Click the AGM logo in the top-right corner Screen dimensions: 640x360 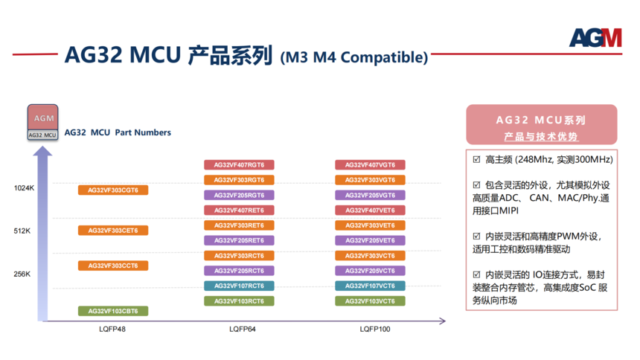595,37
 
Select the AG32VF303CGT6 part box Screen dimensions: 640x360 113,190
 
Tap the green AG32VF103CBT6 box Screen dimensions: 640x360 113,311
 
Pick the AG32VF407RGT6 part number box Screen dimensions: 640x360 239,165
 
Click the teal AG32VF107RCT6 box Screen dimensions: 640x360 239,286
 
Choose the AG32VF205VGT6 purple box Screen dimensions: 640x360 370,195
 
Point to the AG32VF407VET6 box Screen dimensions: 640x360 370,210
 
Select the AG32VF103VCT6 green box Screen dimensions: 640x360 370,301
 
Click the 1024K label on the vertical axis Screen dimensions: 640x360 24,188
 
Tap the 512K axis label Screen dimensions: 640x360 22,231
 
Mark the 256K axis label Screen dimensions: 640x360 22,274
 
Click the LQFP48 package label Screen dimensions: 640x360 112,329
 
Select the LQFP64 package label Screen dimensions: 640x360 243,329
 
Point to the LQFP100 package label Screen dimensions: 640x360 375,329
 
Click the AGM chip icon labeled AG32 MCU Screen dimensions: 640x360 43,123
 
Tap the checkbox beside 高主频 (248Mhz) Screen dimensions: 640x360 476,160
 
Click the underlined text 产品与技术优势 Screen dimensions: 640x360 541,137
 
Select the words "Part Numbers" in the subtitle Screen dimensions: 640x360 143,132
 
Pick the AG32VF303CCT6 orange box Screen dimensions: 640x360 113,266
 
